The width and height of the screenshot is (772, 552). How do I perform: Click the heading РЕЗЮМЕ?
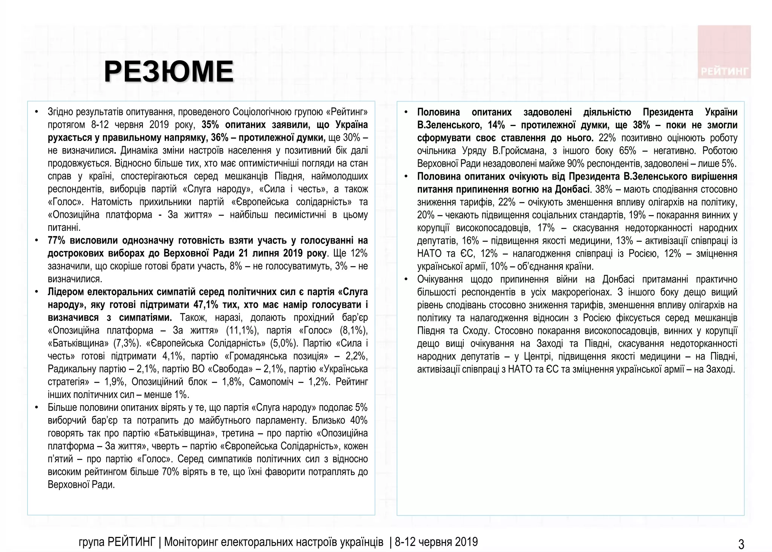pos(168,72)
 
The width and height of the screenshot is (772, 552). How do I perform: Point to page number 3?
pos(741,544)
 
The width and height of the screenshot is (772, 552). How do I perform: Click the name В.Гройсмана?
pos(514,151)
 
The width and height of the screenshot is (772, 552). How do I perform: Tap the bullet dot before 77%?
pos(37,240)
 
